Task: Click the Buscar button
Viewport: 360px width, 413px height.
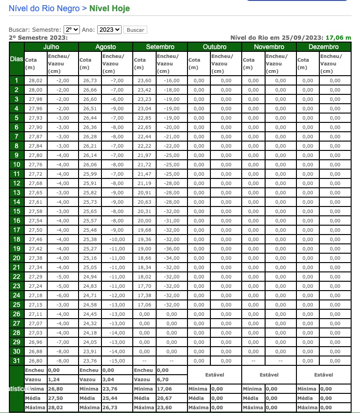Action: coord(136,30)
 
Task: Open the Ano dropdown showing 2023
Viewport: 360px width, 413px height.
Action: coord(109,29)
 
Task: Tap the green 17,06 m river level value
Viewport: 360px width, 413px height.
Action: coord(338,38)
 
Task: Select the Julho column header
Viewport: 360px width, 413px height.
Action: coord(51,47)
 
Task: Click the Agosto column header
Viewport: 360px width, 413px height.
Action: coord(106,47)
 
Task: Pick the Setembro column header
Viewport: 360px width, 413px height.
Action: coord(160,47)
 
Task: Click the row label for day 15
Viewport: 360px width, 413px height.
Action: coord(17,211)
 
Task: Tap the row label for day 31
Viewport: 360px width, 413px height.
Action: coord(17,361)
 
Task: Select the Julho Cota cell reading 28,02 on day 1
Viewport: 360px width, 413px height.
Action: coord(36,80)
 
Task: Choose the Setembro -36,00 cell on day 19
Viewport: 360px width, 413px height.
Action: coord(171,249)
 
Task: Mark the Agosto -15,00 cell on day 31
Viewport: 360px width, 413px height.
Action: coord(117,361)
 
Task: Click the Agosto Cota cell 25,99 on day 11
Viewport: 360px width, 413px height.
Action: coord(90,174)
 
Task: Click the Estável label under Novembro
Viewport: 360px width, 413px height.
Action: coord(269,375)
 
